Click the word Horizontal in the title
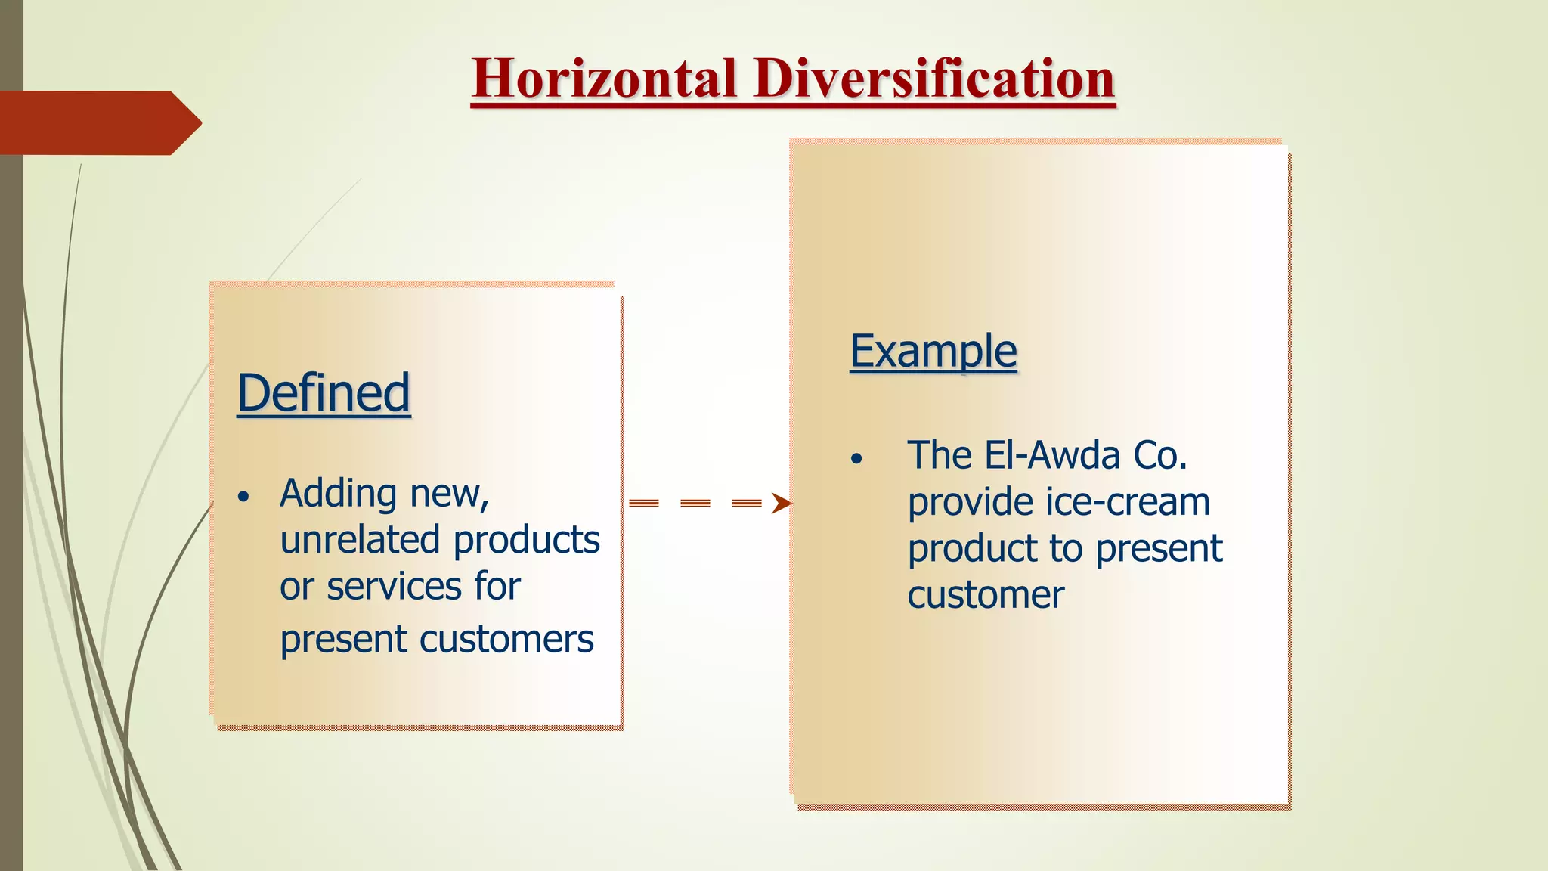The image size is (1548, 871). [x=604, y=79]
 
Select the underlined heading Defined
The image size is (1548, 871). [x=324, y=393]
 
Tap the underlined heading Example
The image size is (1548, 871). [x=933, y=352]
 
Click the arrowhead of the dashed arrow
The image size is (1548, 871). [x=781, y=504]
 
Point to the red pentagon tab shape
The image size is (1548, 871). [x=98, y=122]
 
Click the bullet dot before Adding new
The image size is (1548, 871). [x=243, y=497]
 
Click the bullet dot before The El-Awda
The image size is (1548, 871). [x=856, y=459]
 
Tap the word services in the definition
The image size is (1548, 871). [x=393, y=586]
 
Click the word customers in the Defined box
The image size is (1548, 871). [x=506, y=639]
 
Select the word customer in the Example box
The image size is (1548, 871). [x=986, y=595]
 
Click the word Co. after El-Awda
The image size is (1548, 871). [x=1159, y=455]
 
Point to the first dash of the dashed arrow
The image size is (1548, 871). [x=644, y=504]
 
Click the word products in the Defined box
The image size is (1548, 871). [x=526, y=540]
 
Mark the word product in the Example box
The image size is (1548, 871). [x=972, y=549]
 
